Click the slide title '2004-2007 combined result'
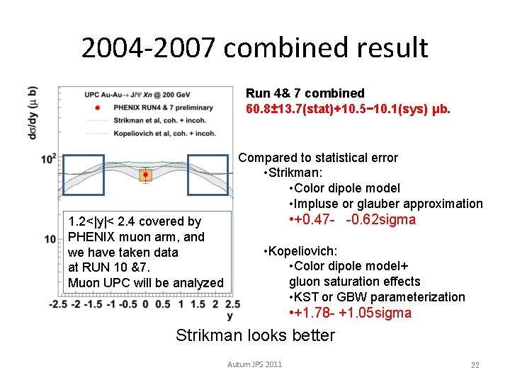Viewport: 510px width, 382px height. [x=254, y=47]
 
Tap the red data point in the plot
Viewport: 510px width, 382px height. [x=145, y=174]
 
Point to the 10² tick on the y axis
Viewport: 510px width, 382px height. [x=49, y=158]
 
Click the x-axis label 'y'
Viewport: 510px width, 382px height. [x=230, y=315]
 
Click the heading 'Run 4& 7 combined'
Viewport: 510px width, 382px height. [x=305, y=93]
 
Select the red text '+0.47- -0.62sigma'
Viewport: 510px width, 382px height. [x=352, y=219]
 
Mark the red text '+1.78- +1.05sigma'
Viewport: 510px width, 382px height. [x=350, y=313]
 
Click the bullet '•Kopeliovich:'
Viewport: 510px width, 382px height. [x=300, y=251]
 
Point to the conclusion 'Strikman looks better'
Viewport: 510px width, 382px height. [x=255, y=335]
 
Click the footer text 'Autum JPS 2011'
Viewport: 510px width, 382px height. [x=254, y=364]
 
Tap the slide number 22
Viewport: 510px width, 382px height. [x=475, y=364]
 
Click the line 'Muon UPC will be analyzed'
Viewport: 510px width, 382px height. [x=145, y=283]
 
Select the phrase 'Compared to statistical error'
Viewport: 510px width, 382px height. [x=318, y=158]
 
